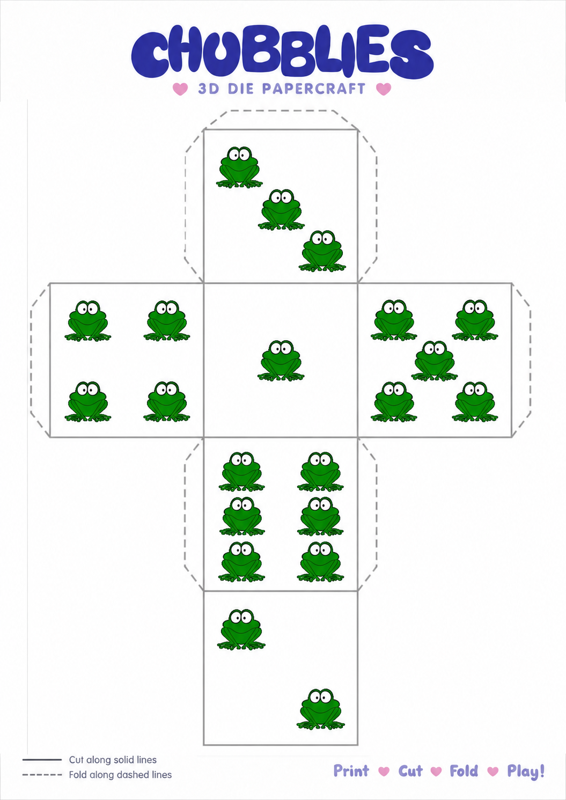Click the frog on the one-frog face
281,361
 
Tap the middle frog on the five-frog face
434,361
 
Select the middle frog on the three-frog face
282,209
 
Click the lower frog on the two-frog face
321,709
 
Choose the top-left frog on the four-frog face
88,321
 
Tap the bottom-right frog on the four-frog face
167,402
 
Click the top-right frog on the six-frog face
320,472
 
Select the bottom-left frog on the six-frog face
241,561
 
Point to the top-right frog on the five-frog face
475,320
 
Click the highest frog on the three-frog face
239,167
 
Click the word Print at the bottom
351,771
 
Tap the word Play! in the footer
526,772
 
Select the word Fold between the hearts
464,771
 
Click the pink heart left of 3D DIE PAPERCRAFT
180,89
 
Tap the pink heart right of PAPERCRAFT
384,89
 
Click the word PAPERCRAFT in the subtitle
314,89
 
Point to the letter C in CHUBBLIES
150,54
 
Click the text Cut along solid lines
113,760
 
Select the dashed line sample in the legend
42,775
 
